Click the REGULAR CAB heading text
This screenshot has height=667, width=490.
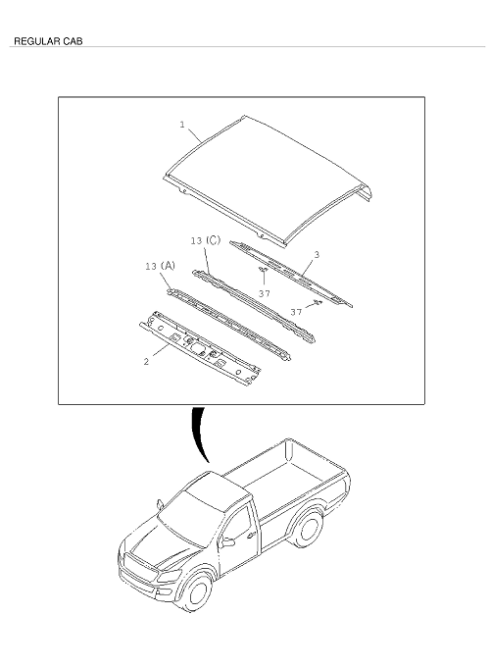[48, 41]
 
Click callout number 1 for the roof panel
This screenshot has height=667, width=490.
[182, 125]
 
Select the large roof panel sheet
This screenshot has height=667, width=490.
[268, 180]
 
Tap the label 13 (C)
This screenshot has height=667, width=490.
[206, 240]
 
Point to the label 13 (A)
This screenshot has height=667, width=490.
[160, 266]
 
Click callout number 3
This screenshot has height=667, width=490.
[317, 255]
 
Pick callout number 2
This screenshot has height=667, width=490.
[147, 362]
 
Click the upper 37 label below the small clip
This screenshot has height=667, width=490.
[265, 293]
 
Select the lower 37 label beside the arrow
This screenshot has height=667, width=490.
[296, 312]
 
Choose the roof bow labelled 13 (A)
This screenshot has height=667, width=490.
[229, 324]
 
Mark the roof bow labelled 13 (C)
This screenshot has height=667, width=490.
[254, 305]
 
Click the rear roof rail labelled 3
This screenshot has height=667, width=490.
[291, 273]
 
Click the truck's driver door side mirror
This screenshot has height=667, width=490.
[228, 542]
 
